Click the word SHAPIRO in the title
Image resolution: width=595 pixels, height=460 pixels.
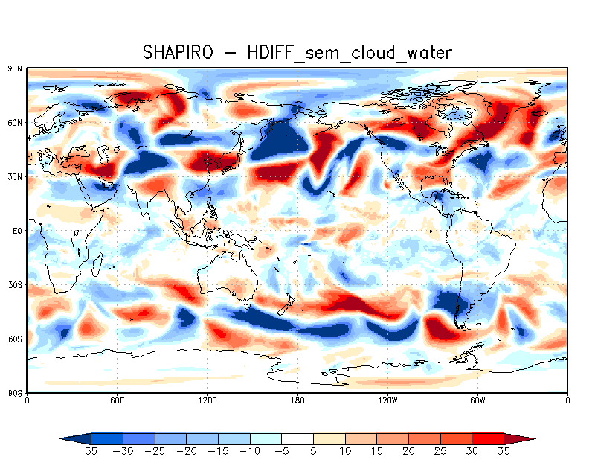pos(178,52)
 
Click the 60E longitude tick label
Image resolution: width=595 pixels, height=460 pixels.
pos(117,400)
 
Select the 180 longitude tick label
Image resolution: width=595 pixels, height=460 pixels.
pos(297,400)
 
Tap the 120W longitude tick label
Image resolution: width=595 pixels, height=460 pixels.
pos(387,400)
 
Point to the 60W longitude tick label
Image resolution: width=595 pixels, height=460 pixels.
pos(477,400)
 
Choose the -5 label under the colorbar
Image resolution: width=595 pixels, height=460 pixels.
pos(281,451)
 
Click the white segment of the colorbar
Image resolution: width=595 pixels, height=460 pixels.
pos(297,438)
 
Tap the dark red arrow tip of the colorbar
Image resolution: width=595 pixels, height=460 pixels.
pos(523,438)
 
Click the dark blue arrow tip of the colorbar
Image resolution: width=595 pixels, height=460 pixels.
pos(72,438)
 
